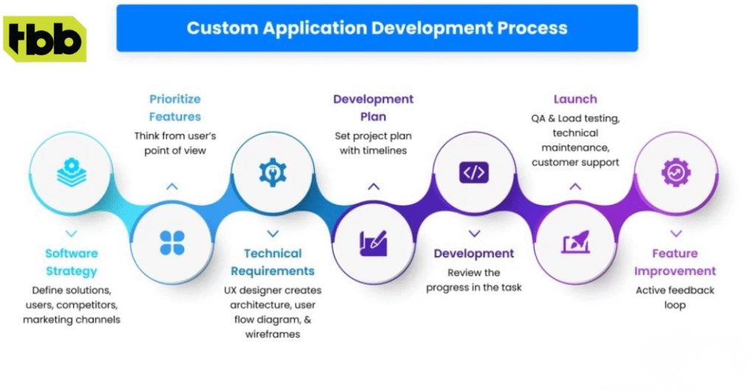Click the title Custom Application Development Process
pyautogui.click(x=377, y=29)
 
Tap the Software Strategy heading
pyautogui.click(x=72, y=262)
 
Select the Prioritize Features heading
pyautogui.click(x=175, y=108)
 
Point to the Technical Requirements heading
pyautogui.click(x=273, y=262)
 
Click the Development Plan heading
pyautogui.click(x=373, y=108)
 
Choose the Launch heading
pyautogui.click(x=575, y=99)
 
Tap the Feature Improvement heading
pyautogui.click(x=675, y=262)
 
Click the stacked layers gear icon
pyautogui.click(x=72, y=173)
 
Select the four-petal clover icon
pyautogui.click(x=172, y=243)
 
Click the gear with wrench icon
pyautogui.click(x=273, y=173)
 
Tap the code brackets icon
pyautogui.click(x=473, y=173)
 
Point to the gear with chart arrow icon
pyautogui.click(x=675, y=173)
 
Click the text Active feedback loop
pyautogui.click(x=675, y=297)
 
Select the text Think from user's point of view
pyautogui.click(x=175, y=143)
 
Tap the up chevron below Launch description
pyautogui.click(x=575, y=187)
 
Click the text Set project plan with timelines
pyautogui.click(x=373, y=143)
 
